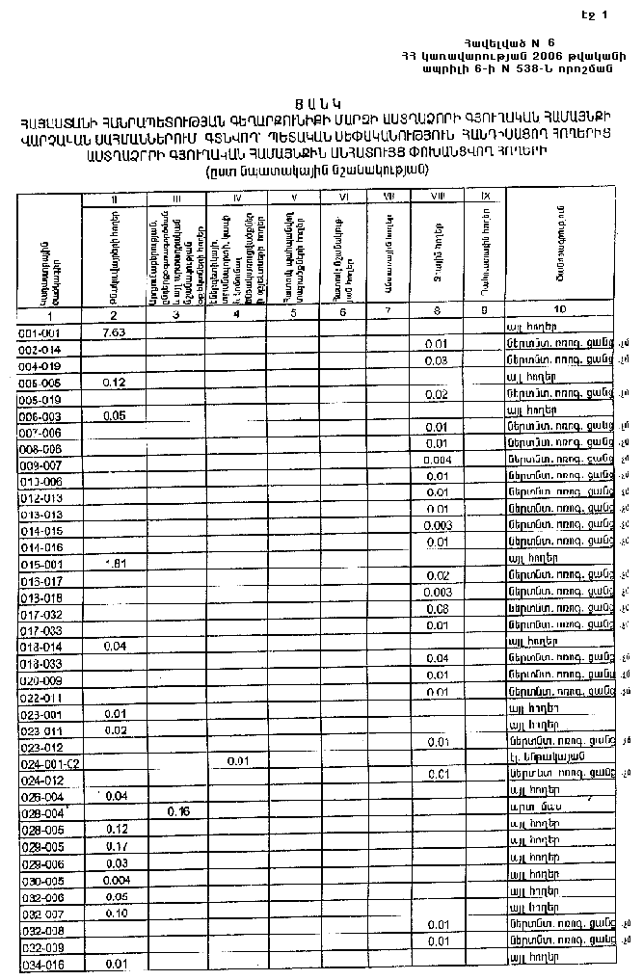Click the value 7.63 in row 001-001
pos(114,331)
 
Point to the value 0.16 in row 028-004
pos(177,811)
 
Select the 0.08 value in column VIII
pos(437,609)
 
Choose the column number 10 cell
pos(559,311)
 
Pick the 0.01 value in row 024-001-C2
pos(238,761)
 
